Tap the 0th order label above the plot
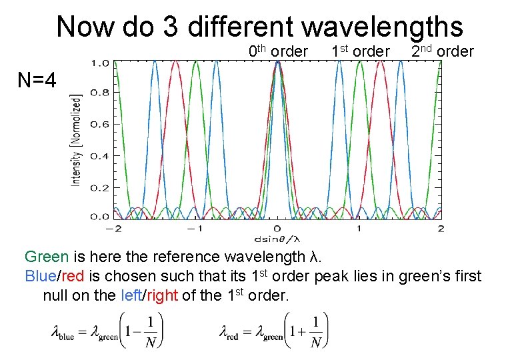(278, 51)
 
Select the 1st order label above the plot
(360, 51)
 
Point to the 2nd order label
(442, 51)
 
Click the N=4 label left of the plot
(37, 81)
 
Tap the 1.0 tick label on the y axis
(100, 63)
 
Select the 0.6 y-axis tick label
(100, 125)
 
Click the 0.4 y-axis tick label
(100, 155)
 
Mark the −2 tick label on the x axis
(113, 229)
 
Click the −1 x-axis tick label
(194, 229)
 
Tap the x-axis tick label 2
(440, 229)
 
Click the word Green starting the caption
(46, 257)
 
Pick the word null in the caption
(57, 295)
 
